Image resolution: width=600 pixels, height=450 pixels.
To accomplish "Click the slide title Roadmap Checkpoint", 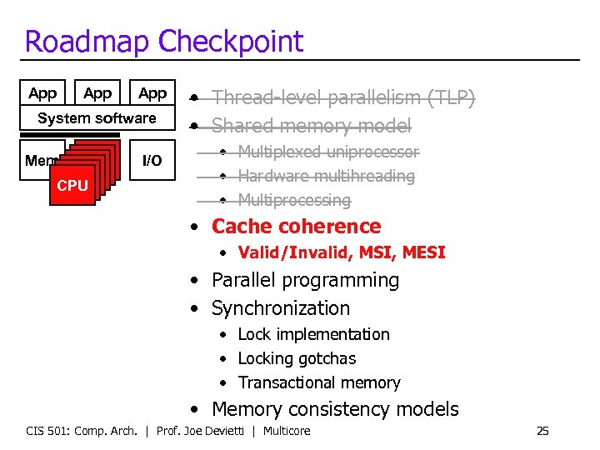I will (164, 41).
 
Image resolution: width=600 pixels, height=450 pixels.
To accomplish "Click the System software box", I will (97, 118).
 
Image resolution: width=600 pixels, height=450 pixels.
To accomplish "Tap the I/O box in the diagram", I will (152, 161).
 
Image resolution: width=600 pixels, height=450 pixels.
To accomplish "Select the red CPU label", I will (72, 186).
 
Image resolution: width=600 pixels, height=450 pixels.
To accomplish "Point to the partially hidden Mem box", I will (39, 161).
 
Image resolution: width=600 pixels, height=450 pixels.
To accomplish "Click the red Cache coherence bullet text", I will (296, 227).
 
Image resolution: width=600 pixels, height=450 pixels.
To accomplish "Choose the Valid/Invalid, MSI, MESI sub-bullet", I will (341, 252).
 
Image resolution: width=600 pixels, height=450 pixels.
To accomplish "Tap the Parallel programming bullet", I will (305, 281).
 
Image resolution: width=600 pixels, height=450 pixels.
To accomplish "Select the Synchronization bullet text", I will (280, 308).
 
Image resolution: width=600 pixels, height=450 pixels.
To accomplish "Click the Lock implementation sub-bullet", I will (313, 334).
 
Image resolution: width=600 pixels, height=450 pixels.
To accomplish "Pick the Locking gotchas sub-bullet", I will (297, 359).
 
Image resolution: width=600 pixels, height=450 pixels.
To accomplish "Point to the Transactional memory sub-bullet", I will (318, 383).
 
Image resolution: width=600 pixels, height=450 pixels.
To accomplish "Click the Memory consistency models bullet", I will (335, 409).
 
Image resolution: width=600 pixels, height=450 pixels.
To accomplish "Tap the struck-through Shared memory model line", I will (311, 126).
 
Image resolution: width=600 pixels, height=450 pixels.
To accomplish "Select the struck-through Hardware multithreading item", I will (326, 176).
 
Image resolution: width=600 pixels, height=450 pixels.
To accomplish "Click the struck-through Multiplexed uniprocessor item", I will (328, 152).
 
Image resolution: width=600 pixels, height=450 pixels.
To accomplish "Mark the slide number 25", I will (542, 431).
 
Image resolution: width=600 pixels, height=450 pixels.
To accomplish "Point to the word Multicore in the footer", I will (287, 431).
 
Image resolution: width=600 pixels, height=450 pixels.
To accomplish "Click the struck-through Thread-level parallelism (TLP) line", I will (342, 98).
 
